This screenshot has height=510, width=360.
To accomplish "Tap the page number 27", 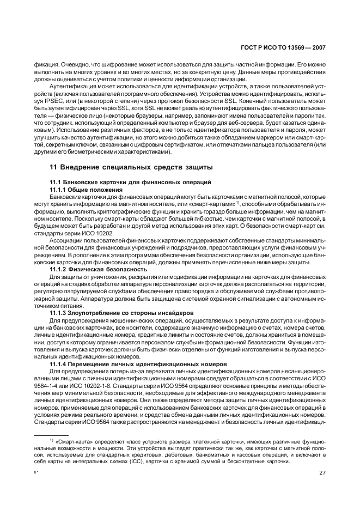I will [x=322, y=473].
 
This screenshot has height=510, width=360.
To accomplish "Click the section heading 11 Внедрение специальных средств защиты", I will [x=131, y=166].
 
